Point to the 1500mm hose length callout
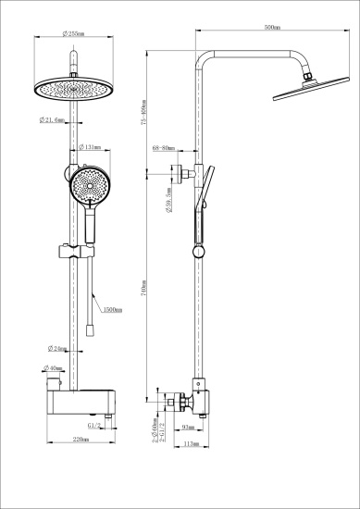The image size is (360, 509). click(x=113, y=310)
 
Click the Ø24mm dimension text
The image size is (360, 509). click(x=58, y=349)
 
